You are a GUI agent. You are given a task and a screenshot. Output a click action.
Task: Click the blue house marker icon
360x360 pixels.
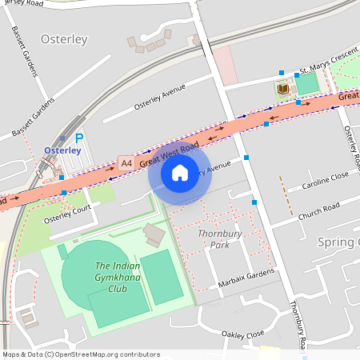[x=180, y=172]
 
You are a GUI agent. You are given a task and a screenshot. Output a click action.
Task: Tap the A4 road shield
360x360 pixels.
[x=126, y=163]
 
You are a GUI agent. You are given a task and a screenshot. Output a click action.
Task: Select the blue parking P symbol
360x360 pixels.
[x=78, y=138]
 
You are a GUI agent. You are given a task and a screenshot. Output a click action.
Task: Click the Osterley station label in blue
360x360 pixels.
[x=62, y=150]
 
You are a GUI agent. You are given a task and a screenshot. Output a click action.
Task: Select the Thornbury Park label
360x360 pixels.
[x=214, y=238]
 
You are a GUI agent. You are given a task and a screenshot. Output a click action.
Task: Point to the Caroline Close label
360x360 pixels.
[x=326, y=180]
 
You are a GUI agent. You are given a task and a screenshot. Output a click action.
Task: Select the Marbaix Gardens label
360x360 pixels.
[x=246, y=280]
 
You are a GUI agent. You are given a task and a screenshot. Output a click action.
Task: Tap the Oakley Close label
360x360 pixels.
[x=243, y=334]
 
